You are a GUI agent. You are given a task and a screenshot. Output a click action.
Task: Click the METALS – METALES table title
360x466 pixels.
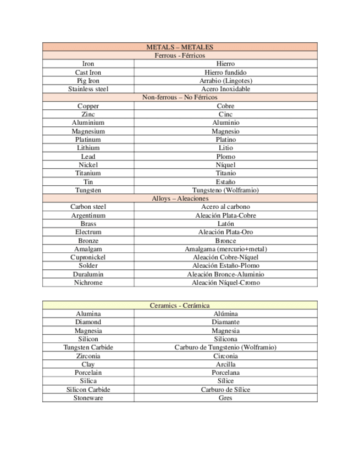(x=180, y=47)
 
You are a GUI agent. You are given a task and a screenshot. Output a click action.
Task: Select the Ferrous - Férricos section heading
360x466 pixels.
(x=180, y=56)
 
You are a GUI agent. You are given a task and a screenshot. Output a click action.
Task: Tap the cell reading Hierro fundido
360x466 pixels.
(x=225, y=73)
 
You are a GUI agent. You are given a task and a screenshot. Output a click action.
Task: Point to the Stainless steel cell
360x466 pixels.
(x=88, y=89)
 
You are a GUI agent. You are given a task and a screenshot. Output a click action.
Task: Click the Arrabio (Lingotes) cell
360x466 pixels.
(x=225, y=81)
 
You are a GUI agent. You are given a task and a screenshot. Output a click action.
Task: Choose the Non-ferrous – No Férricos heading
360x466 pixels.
(x=180, y=97)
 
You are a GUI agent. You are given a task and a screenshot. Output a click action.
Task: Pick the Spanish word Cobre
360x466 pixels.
(x=225, y=106)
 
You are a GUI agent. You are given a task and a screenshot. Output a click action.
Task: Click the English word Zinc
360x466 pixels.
(x=88, y=114)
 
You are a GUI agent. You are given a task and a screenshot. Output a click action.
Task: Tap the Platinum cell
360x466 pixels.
(x=88, y=140)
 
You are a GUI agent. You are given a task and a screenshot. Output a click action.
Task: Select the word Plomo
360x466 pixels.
(x=225, y=157)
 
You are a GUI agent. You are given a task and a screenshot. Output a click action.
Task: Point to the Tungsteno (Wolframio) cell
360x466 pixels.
(x=225, y=190)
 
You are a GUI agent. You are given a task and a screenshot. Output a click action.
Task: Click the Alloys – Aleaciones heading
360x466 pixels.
(x=180, y=198)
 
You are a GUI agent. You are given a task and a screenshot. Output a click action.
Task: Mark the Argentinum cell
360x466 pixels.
(x=88, y=215)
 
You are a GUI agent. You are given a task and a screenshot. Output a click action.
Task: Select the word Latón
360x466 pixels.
(x=225, y=224)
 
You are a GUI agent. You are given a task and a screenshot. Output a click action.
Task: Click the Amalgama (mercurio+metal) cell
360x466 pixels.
(x=225, y=249)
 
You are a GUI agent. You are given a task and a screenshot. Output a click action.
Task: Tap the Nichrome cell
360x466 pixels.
(x=88, y=282)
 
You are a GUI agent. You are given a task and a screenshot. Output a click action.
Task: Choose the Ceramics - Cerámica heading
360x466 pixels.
(x=180, y=305)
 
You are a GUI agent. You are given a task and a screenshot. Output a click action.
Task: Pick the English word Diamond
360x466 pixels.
(x=88, y=322)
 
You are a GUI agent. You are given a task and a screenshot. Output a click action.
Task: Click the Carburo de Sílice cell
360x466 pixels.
(x=225, y=390)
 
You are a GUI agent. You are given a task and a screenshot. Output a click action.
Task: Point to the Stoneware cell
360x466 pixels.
(x=88, y=398)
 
